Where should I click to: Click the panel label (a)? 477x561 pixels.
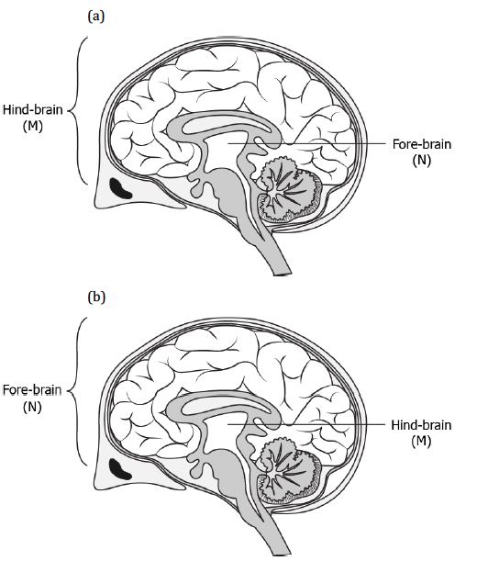(x=96, y=17)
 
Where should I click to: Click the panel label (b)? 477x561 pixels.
(x=96, y=297)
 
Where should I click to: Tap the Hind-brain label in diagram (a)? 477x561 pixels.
(x=32, y=110)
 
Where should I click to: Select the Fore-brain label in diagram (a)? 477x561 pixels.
(x=422, y=144)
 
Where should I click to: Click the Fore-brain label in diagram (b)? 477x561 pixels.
(x=32, y=390)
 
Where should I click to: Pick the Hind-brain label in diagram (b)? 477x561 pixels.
(x=421, y=425)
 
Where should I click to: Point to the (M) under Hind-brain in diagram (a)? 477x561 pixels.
(x=33, y=126)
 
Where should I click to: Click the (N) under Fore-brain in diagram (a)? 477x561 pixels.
(x=422, y=160)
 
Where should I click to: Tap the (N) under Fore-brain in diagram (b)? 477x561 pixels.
(x=32, y=407)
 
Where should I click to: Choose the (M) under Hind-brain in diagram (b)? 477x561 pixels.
(x=421, y=441)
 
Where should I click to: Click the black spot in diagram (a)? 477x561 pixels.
(x=120, y=188)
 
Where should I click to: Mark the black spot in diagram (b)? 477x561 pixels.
(x=120, y=468)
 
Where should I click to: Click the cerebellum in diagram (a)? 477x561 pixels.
(x=290, y=190)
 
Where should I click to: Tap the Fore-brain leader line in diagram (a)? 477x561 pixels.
(x=306, y=143)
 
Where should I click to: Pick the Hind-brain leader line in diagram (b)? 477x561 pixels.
(x=306, y=424)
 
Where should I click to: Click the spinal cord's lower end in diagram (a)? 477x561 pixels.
(x=283, y=274)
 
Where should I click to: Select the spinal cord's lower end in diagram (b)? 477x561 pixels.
(x=283, y=555)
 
